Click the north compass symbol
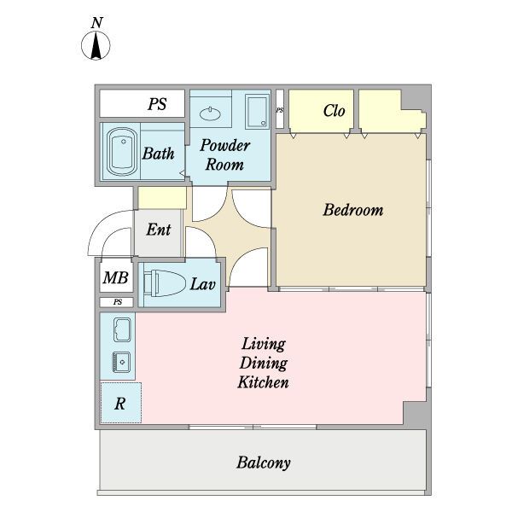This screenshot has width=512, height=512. (96, 46)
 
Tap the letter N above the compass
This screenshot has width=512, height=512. (97, 23)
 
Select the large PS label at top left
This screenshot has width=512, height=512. (157, 104)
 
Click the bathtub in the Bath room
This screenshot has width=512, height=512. (122, 152)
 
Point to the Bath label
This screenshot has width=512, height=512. (159, 153)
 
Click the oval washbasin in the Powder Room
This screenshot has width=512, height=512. (210, 114)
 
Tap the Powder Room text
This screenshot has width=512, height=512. (225, 154)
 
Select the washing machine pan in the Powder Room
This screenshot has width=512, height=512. (258, 111)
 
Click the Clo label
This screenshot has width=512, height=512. (334, 111)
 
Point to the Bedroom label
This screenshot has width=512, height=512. (353, 210)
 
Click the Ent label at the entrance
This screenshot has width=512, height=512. (159, 230)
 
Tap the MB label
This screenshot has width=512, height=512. (115, 277)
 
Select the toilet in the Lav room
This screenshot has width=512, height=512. (164, 283)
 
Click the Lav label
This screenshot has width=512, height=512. (203, 284)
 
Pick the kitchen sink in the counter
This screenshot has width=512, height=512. (121, 362)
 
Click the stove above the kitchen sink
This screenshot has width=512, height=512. (122, 329)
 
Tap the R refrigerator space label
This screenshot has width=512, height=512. (119, 404)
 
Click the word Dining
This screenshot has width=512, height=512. (264, 364)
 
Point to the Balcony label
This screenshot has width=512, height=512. (264, 463)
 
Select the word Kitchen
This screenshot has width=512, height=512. (263, 382)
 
